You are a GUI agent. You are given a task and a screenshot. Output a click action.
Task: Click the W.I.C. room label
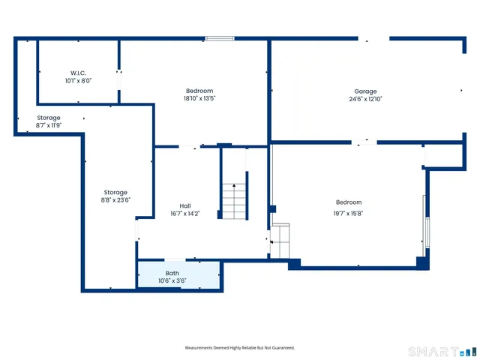(x=78, y=73)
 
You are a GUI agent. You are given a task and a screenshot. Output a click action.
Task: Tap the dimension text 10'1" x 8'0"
(x=78, y=80)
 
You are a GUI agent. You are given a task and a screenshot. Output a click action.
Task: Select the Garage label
(x=365, y=91)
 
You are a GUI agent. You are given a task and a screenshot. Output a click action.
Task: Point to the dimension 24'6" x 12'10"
(x=365, y=99)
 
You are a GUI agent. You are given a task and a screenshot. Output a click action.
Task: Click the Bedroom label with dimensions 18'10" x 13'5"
(x=199, y=91)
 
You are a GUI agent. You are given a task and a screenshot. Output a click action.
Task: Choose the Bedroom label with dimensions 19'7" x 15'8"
(x=349, y=202)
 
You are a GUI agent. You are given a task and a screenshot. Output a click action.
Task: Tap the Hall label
(x=184, y=205)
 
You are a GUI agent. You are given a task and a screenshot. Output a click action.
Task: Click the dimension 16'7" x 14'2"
(x=184, y=213)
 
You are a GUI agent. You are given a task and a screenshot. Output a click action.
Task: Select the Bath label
(x=172, y=273)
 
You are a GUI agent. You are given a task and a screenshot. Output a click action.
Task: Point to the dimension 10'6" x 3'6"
(x=172, y=280)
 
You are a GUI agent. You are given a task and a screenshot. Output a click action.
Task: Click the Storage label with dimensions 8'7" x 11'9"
(x=49, y=118)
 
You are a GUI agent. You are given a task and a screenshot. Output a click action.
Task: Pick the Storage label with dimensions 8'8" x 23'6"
(x=115, y=193)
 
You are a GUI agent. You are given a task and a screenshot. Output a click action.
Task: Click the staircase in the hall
(x=234, y=201)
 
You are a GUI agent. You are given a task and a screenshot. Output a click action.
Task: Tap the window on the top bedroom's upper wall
(x=220, y=38)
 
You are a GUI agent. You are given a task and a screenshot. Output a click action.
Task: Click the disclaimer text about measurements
(x=240, y=347)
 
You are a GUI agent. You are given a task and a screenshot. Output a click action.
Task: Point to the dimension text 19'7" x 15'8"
(x=349, y=213)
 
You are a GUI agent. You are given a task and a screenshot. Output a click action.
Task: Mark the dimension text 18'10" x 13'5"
(x=199, y=98)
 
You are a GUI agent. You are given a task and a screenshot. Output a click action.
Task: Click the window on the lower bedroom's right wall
(x=426, y=220)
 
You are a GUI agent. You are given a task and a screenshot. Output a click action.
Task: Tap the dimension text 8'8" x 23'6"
(x=115, y=200)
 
